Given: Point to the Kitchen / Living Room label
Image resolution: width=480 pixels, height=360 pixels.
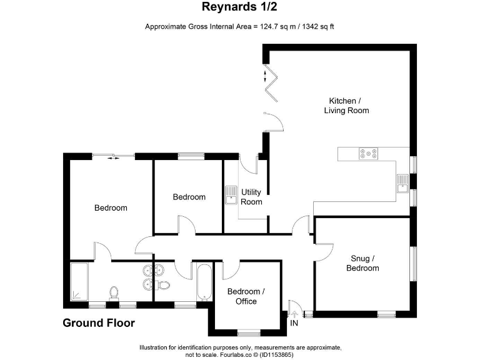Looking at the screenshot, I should pyautogui.click(x=346, y=106).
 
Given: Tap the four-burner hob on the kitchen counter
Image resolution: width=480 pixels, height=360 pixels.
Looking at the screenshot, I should pyautogui.click(x=368, y=153).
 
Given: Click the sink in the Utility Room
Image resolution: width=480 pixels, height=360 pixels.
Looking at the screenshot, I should pyautogui.click(x=231, y=195).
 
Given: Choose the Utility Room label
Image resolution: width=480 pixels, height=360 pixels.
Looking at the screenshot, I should pyautogui.click(x=251, y=197).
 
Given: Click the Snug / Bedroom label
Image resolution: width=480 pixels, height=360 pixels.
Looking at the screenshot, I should pyautogui.click(x=362, y=263).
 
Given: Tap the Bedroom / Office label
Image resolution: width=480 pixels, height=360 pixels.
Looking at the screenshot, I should pyautogui.click(x=246, y=296).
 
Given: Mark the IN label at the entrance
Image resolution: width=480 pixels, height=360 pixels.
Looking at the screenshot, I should pyautogui.click(x=294, y=322).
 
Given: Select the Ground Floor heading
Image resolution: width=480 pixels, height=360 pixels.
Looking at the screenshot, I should pyautogui.click(x=98, y=323).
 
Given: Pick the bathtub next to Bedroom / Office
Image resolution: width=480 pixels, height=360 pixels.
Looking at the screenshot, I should pyautogui.click(x=204, y=282).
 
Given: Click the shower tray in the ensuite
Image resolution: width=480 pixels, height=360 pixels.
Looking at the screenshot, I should pyautogui.click(x=79, y=282).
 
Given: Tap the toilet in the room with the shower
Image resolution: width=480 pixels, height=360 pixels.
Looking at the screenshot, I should pyautogui.click(x=114, y=292).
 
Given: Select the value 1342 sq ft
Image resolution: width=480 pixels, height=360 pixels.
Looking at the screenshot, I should pyautogui.click(x=319, y=27).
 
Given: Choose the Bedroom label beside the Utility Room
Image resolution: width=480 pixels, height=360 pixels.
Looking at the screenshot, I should pyautogui.click(x=189, y=197).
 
